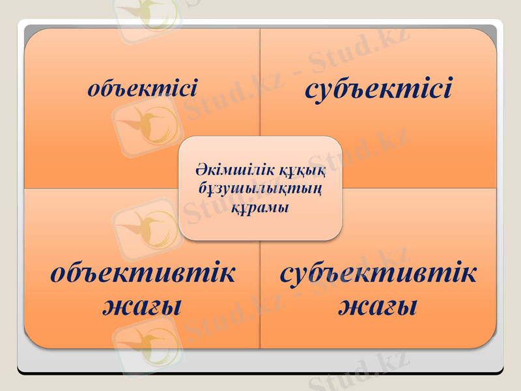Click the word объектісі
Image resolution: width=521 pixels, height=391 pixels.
[142, 88]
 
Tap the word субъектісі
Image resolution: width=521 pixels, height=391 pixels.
[378, 88]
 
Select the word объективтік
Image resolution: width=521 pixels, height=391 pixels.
[143, 273]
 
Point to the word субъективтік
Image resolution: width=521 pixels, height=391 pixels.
[378, 273]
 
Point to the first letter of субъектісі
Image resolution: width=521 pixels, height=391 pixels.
[312, 90]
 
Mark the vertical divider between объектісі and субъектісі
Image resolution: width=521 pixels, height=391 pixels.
[260, 78]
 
